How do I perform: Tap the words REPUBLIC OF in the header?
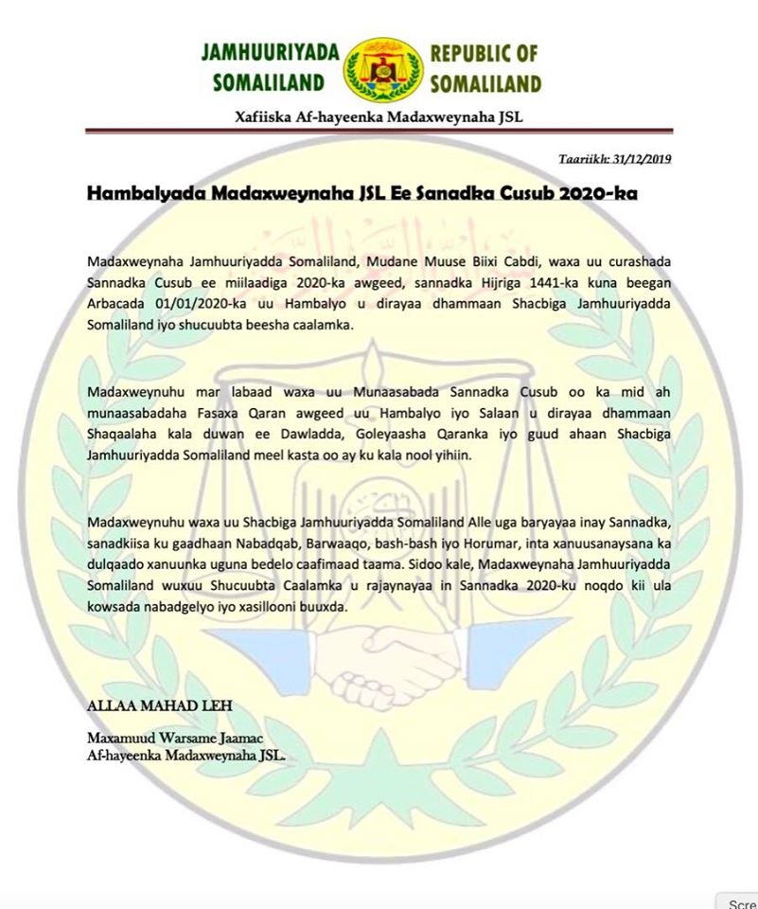pos(485,52)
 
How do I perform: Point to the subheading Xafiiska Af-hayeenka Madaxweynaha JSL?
pos(379,116)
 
